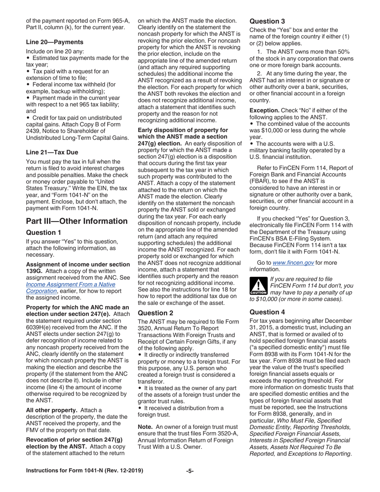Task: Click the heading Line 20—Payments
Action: coord(54,42)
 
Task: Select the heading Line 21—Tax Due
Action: coord(52,152)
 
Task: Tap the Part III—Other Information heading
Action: coord(77,221)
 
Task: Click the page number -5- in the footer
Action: coord(190,471)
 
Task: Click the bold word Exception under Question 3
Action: coord(264,110)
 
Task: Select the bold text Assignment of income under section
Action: coord(78,264)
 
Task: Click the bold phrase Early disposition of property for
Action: coord(183,130)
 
